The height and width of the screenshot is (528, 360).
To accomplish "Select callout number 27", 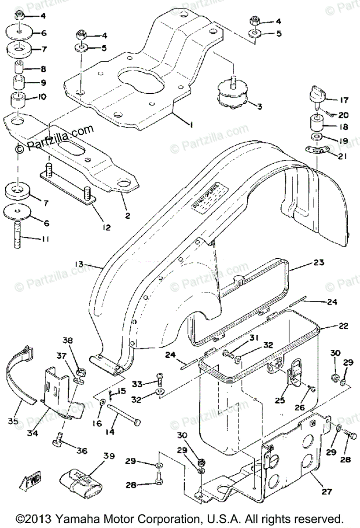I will (327, 491).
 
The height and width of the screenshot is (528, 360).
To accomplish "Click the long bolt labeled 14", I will (122, 414).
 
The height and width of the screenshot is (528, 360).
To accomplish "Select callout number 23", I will (319, 263).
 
